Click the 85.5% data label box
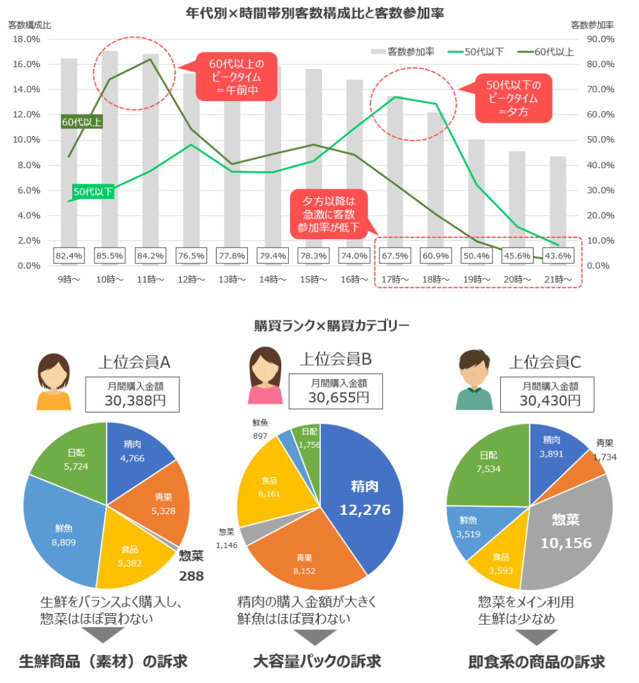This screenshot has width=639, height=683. pyautogui.click(x=109, y=256)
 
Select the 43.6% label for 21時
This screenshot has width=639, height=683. pyautogui.click(x=558, y=256)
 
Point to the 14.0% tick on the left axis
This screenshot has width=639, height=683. pyautogui.click(x=27, y=90)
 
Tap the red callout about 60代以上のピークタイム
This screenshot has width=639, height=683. pyautogui.click(x=236, y=76)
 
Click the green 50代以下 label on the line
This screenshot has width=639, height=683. pyautogui.click(x=93, y=191)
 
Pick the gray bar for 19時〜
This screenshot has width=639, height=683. pyautogui.click(x=476, y=192)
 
